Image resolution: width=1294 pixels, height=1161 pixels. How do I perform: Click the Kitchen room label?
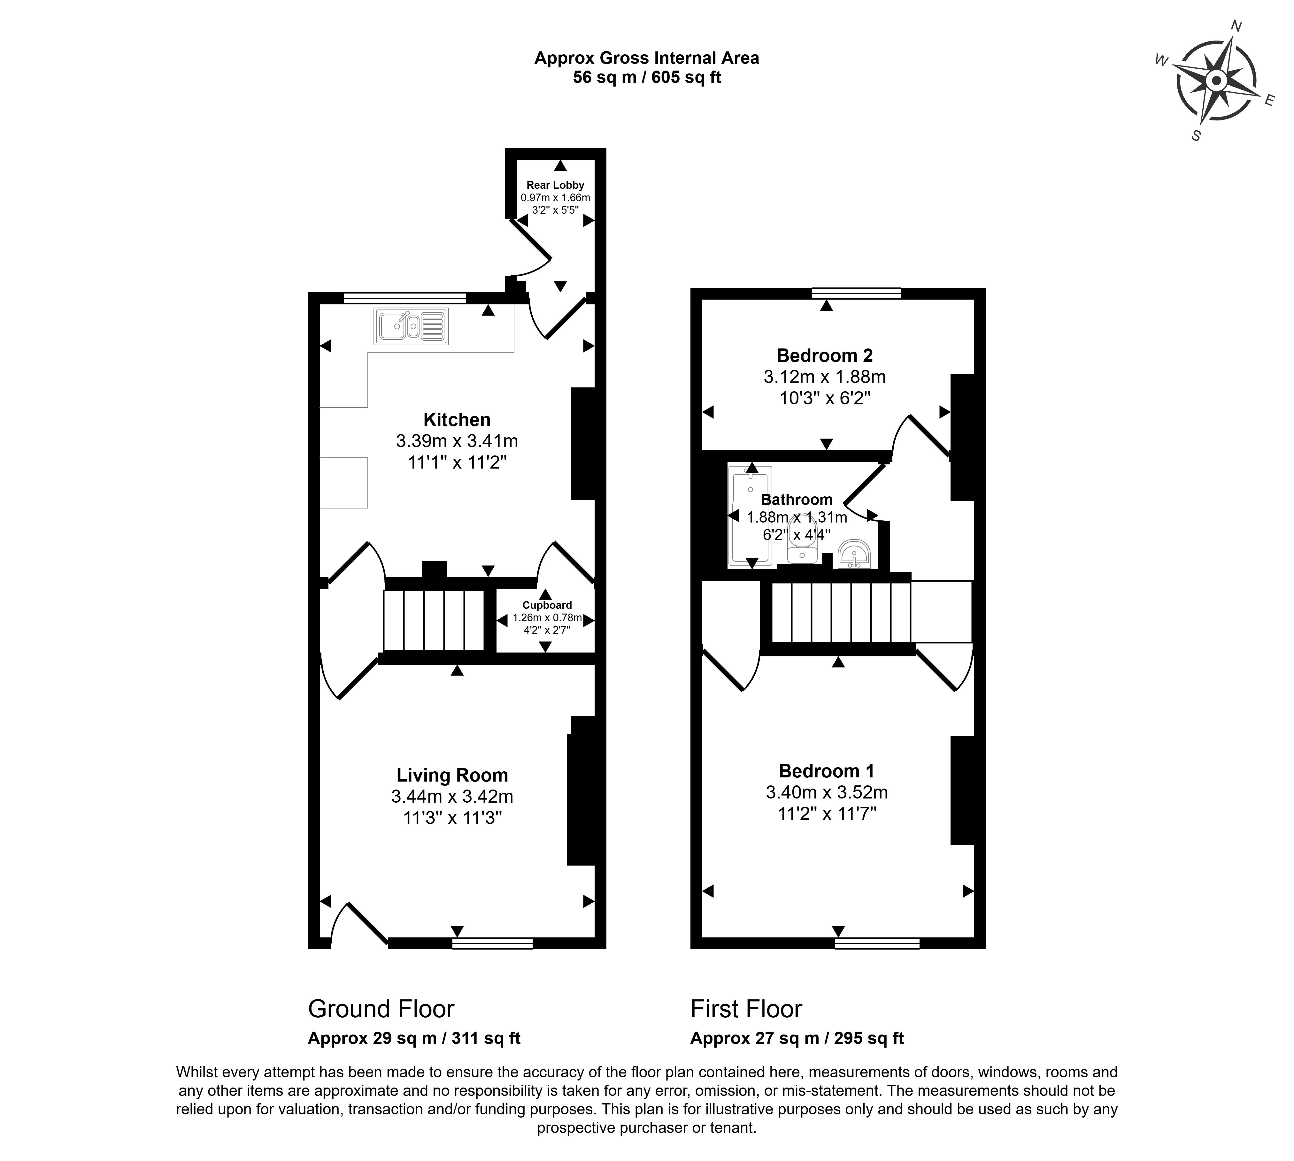tap(457, 420)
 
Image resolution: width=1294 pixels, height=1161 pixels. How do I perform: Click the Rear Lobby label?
tap(555, 185)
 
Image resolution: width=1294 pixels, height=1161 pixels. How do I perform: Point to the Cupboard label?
tap(547, 605)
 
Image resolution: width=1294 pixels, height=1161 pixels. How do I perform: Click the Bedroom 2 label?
tap(824, 355)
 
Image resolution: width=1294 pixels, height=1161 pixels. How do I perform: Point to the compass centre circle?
tap(1216, 80)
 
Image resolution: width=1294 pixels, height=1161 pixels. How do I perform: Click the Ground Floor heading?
tap(381, 1009)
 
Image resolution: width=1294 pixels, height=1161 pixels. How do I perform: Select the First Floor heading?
tap(746, 1009)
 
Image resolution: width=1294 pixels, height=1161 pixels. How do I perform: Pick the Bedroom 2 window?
tap(856, 294)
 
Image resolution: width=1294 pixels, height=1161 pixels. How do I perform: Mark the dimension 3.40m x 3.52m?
tap(826, 792)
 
